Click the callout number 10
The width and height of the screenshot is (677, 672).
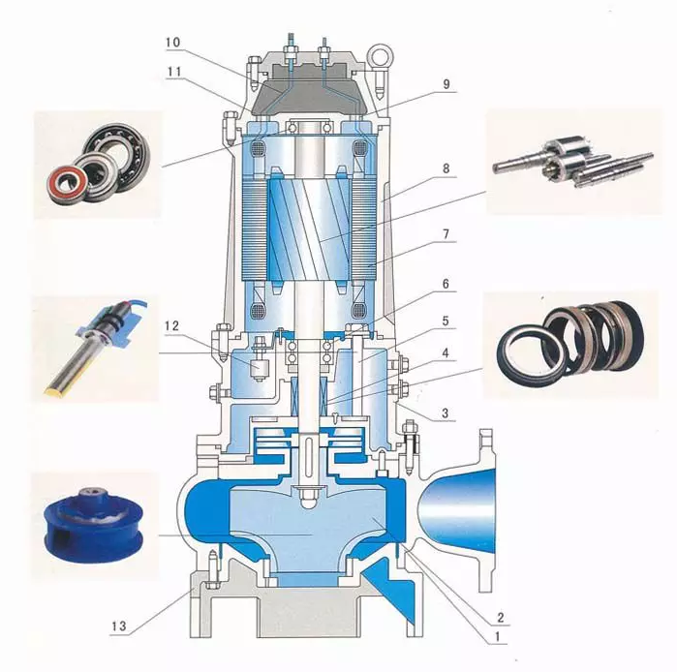pyautogui.click(x=172, y=42)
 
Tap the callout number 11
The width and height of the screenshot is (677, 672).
pyautogui.click(x=174, y=72)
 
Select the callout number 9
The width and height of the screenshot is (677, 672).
pyautogui.click(x=446, y=84)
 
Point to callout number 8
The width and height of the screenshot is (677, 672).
pyautogui.click(x=446, y=168)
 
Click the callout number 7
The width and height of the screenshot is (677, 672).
pyautogui.click(x=446, y=234)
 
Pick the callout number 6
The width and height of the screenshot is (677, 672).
pyautogui.click(x=446, y=284)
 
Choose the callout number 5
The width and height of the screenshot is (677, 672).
pyautogui.click(x=446, y=321)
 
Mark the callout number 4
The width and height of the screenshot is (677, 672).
pyautogui.click(x=446, y=353)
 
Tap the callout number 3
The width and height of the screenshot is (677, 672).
pyautogui.click(x=446, y=413)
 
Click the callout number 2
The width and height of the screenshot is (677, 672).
pyautogui.click(x=501, y=617)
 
